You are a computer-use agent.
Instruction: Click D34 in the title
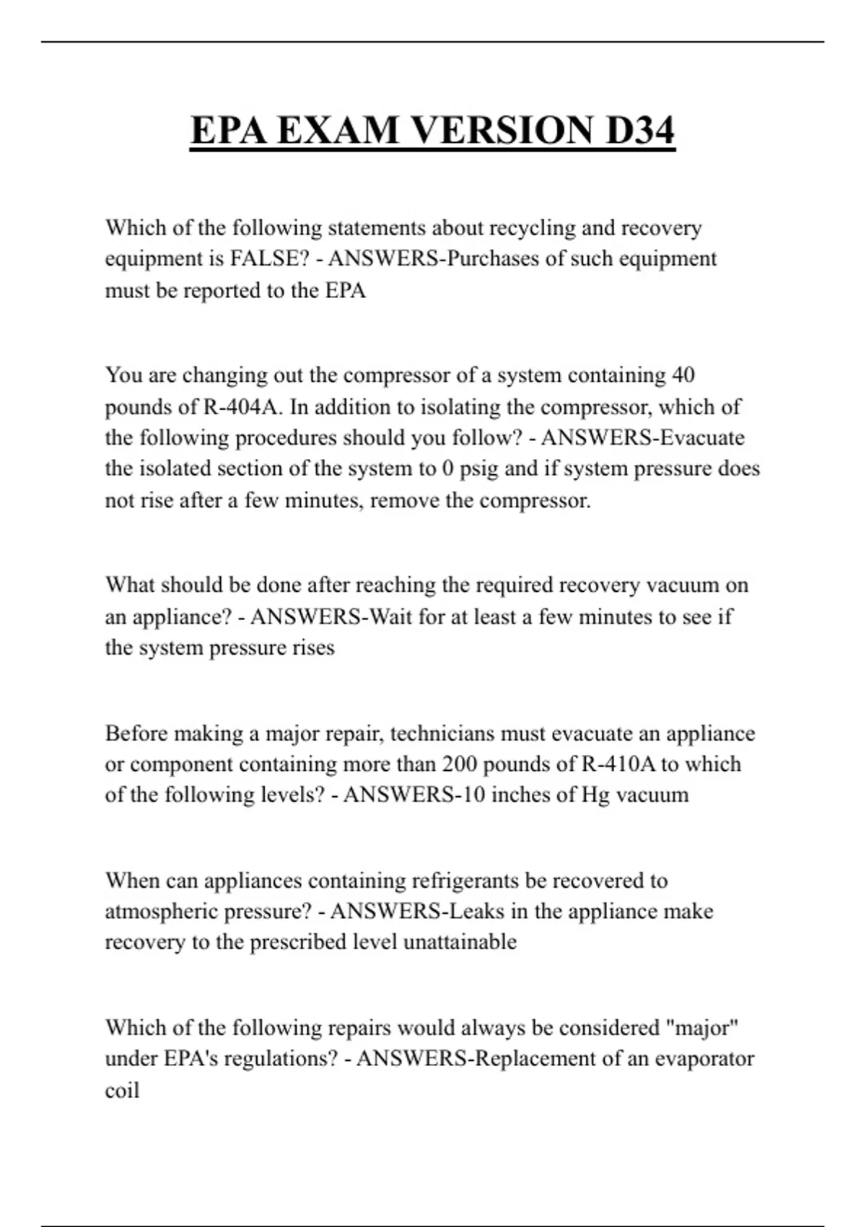coord(640,131)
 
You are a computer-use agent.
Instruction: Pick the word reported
coord(223,290)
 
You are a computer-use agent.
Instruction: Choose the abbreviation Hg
coord(595,795)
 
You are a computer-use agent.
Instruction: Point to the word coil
coord(122,1089)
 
